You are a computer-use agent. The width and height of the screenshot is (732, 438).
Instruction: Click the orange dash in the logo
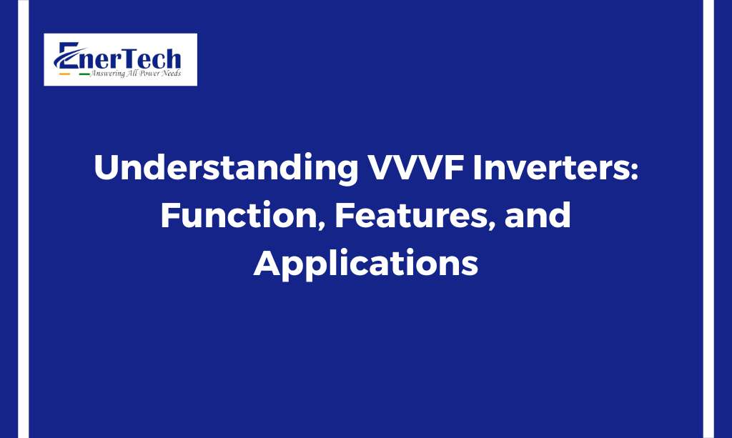pyautogui.click(x=64, y=74)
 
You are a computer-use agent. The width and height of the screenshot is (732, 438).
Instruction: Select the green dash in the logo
pyautogui.click(x=84, y=74)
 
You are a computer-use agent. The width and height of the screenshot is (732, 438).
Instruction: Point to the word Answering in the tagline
pyautogui.click(x=108, y=74)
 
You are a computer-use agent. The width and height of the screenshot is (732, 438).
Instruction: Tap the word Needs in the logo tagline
pyautogui.click(x=172, y=73)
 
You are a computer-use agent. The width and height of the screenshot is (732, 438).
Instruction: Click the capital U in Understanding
pyautogui.click(x=106, y=167)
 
